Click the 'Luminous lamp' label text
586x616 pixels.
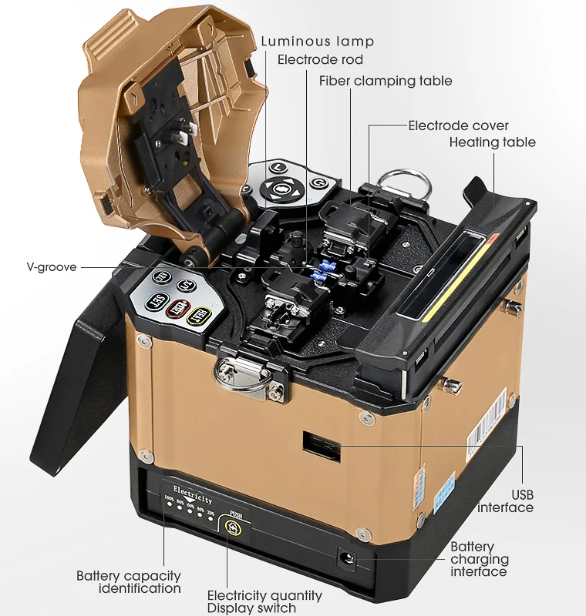tap(317, 42)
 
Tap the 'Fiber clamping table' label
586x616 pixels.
tap(386, 81)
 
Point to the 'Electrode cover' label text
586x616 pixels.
tap(458, 126)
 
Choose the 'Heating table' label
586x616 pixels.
tap(492, 142)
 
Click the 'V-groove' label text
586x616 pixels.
tap(51, 267)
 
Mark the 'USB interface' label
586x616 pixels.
tap(505, 501)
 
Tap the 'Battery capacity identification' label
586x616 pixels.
tap(129, 582)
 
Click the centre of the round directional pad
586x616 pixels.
tap(280, 187)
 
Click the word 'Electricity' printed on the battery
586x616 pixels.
tap(193, 490)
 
